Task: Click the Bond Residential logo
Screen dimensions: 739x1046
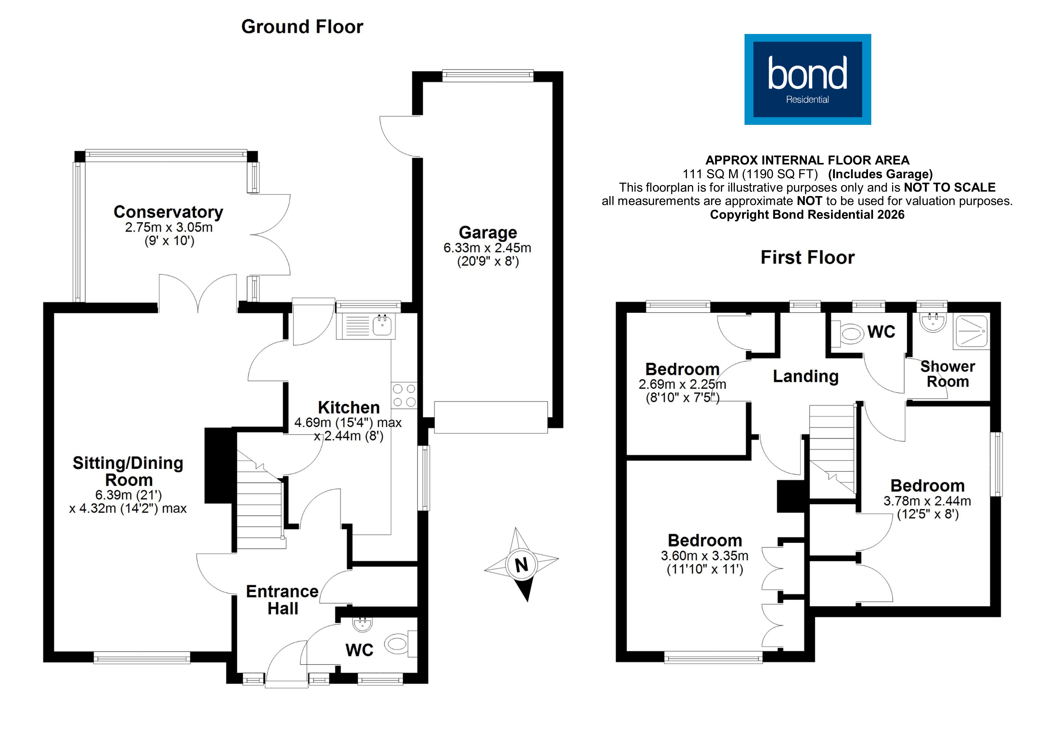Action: click(807, 79)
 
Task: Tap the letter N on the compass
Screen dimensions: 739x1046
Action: click(521, 565)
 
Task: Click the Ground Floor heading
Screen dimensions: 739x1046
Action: click(302, 27)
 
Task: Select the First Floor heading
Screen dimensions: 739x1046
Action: click(807, 258)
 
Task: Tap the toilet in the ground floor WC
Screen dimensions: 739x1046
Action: click(399, 644)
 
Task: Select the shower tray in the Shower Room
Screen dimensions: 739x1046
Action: click(971, 331)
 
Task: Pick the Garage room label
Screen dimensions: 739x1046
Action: click(488, 233)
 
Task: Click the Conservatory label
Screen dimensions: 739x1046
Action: click(168, 212)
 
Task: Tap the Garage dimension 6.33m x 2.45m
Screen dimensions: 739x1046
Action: click(487, 248)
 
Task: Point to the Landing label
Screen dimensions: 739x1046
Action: click(805, 377)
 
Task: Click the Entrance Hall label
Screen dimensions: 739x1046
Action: click(282, 600)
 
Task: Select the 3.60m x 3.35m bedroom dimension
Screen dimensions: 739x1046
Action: click(704, 556)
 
